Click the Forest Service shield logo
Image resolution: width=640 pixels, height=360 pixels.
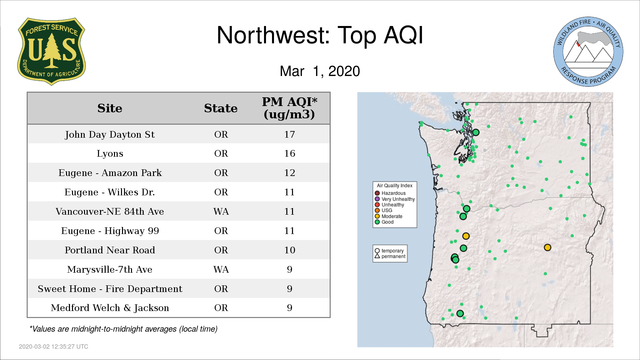pos(51,51)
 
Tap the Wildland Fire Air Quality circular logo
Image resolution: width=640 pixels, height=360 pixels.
pos(588,52)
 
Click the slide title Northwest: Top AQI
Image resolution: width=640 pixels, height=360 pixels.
pos(320,35)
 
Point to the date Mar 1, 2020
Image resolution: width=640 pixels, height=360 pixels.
pos(320,71)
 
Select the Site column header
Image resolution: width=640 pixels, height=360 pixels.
pos(110,108)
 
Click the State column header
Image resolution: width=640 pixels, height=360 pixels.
pos(221,108)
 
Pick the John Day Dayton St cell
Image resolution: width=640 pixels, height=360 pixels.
pos(110,134)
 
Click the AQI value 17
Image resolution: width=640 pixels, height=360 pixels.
pos(289,134)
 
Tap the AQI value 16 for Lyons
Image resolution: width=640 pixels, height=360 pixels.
pos(289,153)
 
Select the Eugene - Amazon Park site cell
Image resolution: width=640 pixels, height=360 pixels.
pos(110,173)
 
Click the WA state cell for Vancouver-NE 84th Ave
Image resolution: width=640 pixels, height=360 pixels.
pos(221,211)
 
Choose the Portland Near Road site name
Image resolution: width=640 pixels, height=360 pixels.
pos(110,250)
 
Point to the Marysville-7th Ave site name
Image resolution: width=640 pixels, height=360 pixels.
pos(110,269)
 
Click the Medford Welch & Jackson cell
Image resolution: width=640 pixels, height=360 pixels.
pos(110,308)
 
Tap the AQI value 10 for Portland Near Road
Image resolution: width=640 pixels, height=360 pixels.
pos(289,250)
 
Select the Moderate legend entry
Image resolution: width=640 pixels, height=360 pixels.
pos(388,216)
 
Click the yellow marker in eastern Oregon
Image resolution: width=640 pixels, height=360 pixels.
pos(547,247)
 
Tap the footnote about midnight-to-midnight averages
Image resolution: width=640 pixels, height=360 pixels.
pos(123,329)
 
